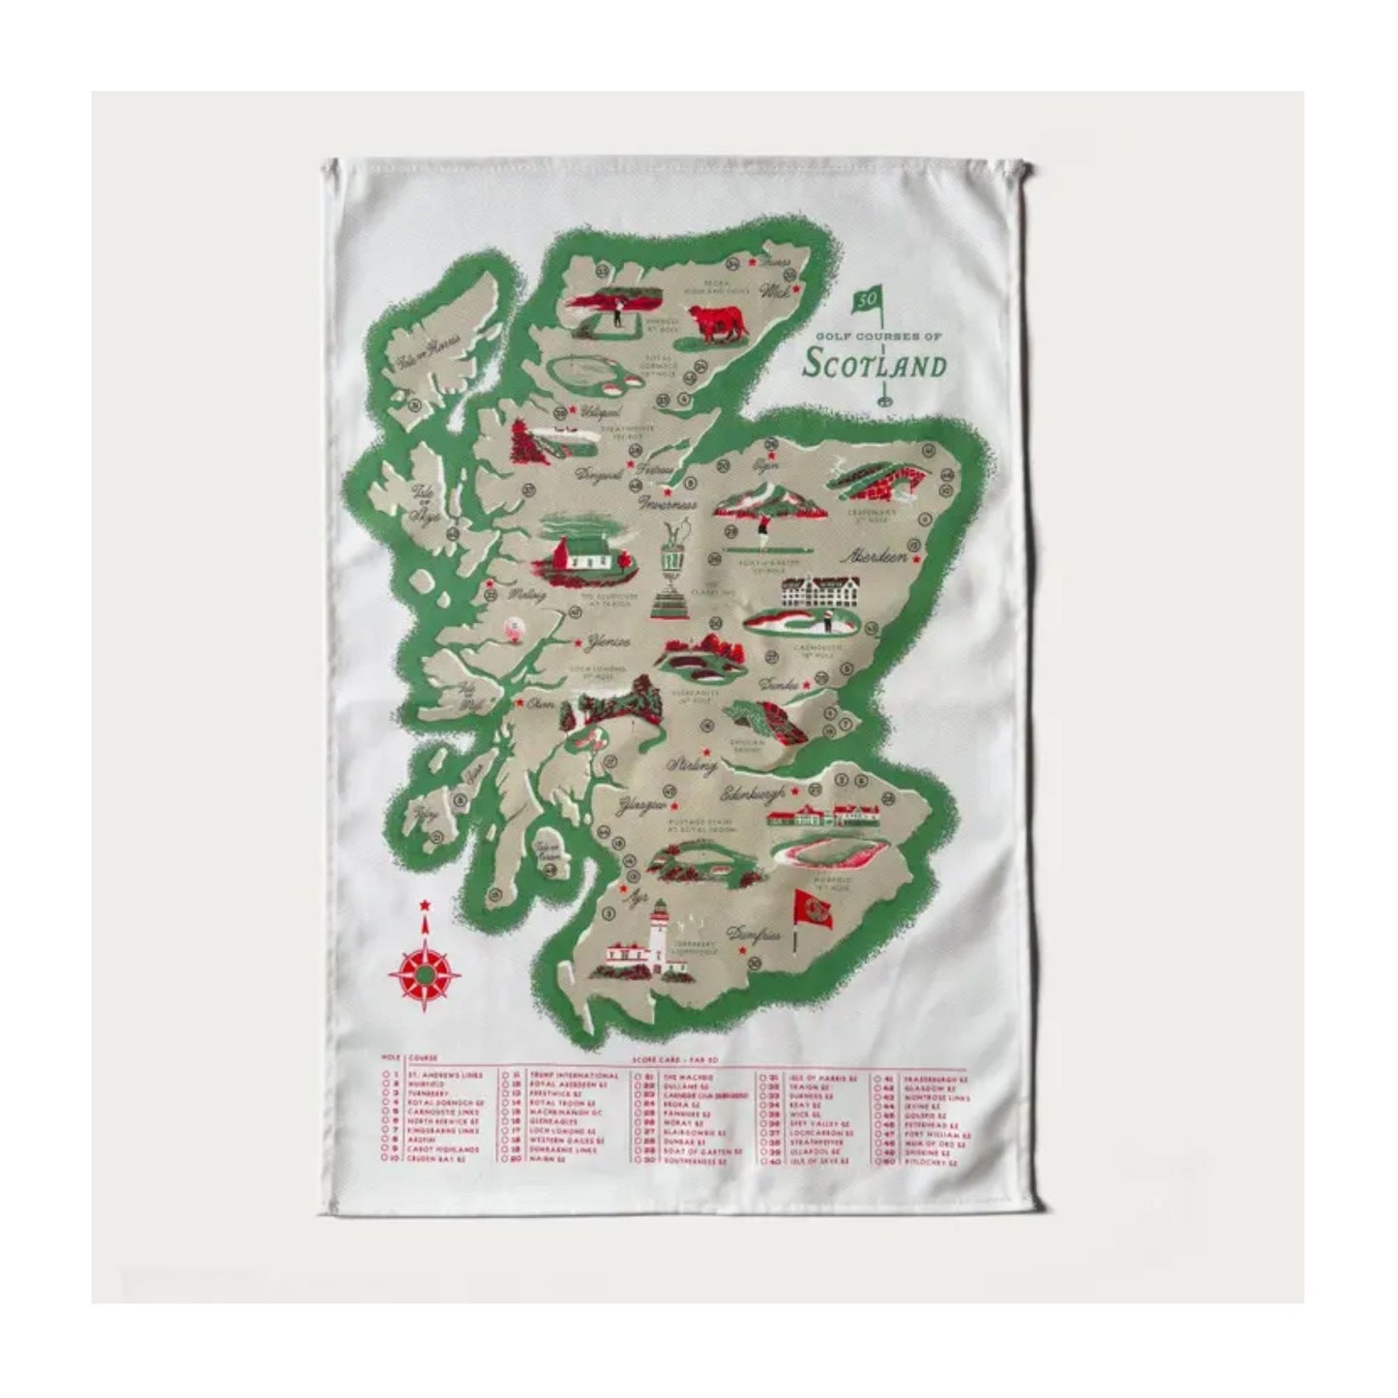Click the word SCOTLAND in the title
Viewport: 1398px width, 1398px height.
click(x=875, y=366)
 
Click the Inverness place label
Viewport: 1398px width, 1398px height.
click(x=668, y=505)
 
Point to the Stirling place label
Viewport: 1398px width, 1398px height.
click(x=692, y=764)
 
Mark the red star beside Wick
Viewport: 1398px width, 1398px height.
click(x=794, y=289)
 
